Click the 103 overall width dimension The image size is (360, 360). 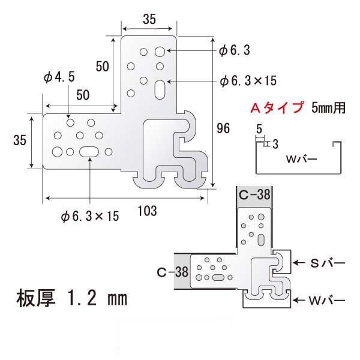click(x=148, y=211)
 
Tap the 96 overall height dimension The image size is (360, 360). click(x=223, y=128)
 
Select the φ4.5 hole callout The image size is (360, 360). click(x=59, y=77)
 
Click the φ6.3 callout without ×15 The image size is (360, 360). click(x=235, y=50)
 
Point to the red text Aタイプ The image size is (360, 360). click(x=277, y=107)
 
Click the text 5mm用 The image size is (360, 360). click(x=329, y=107)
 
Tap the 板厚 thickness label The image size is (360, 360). click(x=36, y=298)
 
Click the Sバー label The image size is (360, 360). click(x=328, y=263)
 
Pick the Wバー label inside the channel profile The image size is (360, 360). click(x=302, y=159)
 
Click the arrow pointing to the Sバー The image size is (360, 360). click(x=299, y=262)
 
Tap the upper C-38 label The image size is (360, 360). click(x=254, y=195)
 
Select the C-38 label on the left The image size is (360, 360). click(x=173, y=272)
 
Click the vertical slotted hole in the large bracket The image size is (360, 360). click(x=160, y=90)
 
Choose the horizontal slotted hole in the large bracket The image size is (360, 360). click(x=89, y=152)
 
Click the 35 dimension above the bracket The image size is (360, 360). click(x=149, y=19)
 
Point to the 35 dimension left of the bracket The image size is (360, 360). click(x=20, y=140)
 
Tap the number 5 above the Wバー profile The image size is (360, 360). click(x=259, y=129)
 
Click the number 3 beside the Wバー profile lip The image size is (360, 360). click(x=275, y=145)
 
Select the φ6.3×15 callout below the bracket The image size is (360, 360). click(x=90, y=216)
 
